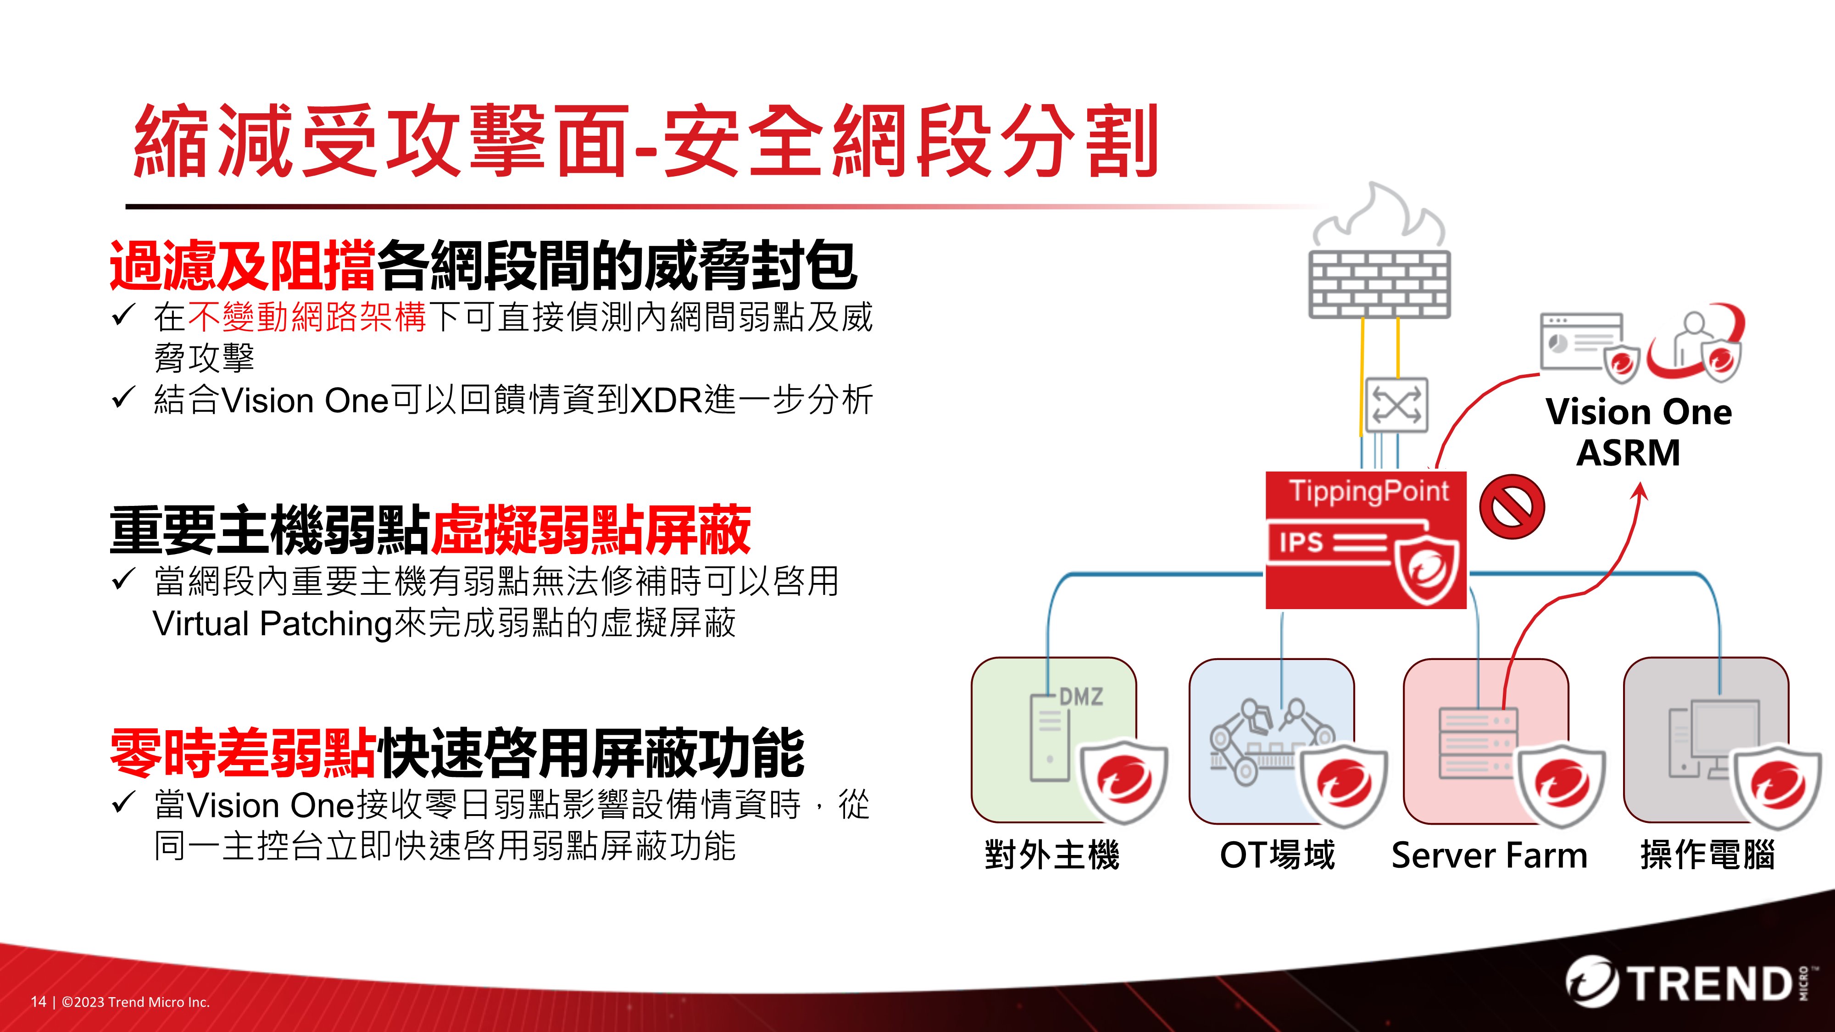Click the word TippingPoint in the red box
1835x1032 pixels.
point(1368,491)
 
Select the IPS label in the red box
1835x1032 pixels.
point(1301,543)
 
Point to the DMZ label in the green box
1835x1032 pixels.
point(1081,696)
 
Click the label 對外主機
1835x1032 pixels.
point(1052,854)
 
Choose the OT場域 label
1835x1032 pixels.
point(1277,854)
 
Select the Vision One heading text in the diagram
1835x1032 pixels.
point(1638,412)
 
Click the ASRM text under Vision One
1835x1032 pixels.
point(1629,453)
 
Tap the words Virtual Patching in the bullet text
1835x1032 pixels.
point(272,624)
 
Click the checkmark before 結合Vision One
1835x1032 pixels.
point(123,397)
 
